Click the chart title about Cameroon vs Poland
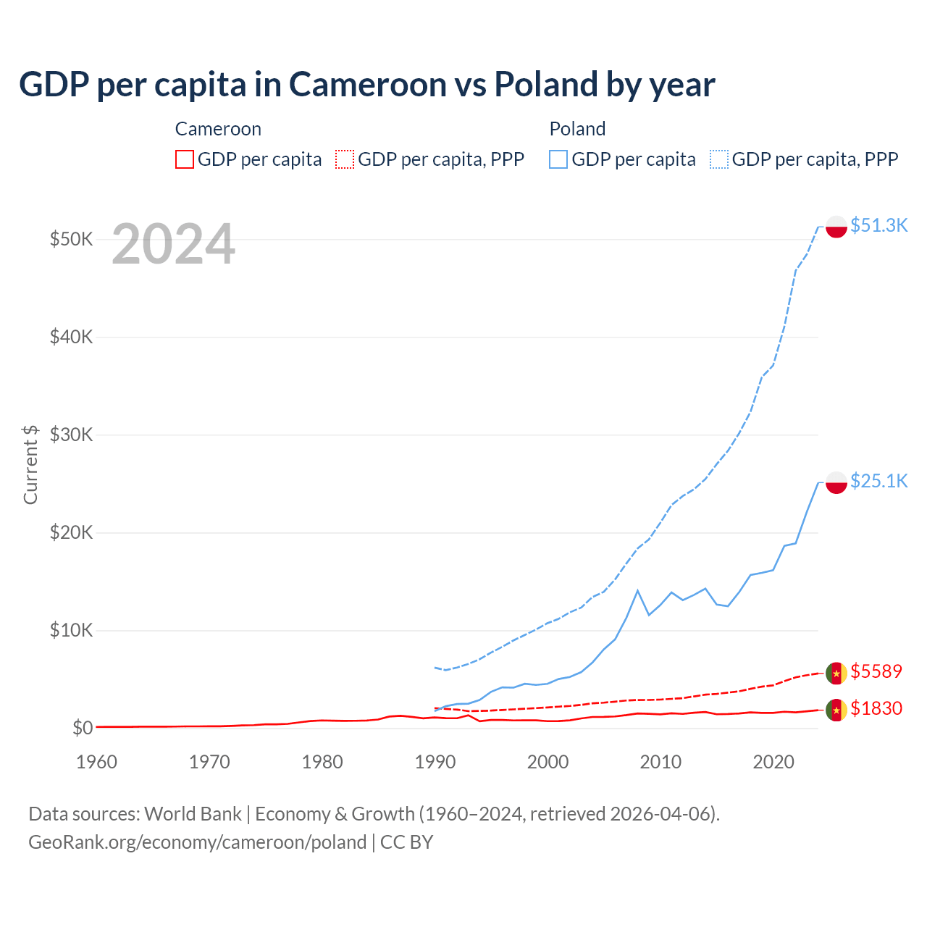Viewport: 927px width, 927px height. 366,85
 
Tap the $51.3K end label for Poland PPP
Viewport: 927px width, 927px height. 878,225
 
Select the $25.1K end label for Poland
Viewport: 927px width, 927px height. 878,481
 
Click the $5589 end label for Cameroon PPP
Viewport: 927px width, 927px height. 876,671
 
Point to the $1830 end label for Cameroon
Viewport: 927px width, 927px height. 876,708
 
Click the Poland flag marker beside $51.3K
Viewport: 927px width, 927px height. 836,227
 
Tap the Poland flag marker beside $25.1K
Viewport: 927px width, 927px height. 836,482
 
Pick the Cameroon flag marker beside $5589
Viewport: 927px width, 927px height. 836,673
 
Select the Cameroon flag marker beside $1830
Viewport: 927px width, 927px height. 836,710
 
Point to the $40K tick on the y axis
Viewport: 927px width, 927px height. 71,337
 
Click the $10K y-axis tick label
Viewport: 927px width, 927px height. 71,630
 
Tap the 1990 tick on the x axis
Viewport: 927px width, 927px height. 435,762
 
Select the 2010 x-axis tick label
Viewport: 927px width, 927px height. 660,762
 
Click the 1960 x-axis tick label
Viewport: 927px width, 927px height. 97,762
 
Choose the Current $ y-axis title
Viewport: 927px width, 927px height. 30,464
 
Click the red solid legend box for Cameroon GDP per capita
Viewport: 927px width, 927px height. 185,159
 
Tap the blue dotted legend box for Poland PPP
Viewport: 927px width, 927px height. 719,159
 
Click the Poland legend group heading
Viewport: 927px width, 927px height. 577,129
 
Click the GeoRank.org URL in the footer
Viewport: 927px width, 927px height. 197,842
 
